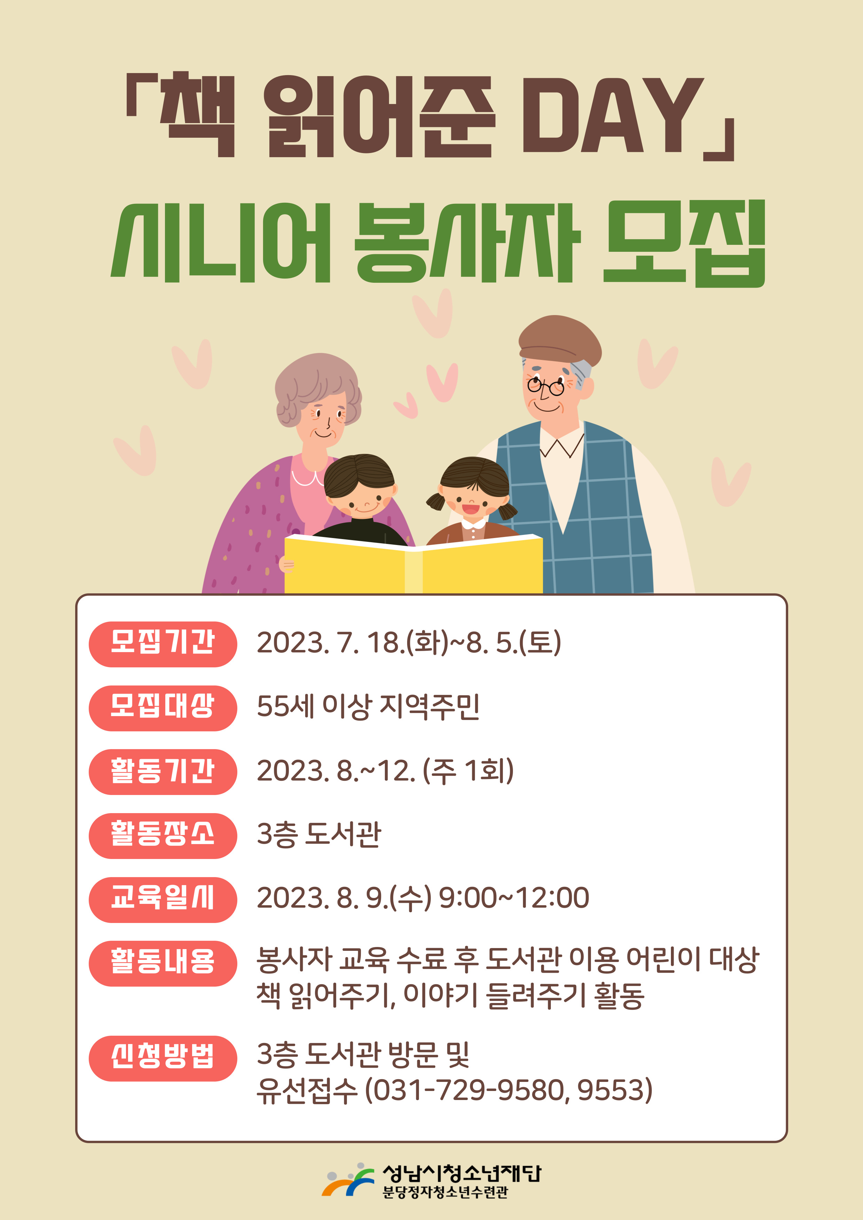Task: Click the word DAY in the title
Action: [611, 115]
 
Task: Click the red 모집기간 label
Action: [163, 644]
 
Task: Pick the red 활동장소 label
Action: [163, 836]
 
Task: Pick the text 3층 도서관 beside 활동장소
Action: [319, 834]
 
